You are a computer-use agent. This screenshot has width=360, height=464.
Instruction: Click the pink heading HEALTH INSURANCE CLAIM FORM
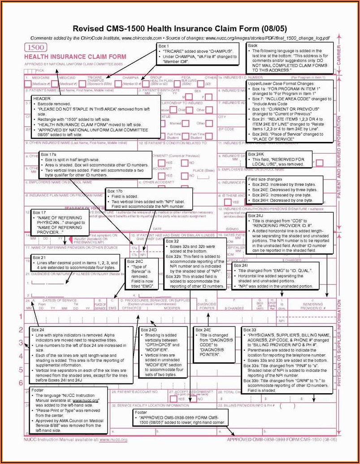click(75, 57)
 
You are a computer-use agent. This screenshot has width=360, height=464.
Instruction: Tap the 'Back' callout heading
click(252, 46)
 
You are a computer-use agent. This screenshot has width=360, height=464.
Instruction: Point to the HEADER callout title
click(42, 98)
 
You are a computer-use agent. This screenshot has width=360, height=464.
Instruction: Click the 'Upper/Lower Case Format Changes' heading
click(275, 84)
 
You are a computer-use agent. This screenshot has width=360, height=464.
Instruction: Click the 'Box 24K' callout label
click(256, 154)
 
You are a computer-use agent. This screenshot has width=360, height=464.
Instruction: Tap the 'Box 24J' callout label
click(256, 215)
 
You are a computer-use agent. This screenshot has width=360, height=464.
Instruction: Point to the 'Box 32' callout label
click(172, 241)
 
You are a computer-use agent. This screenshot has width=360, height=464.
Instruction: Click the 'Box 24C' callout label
click(135, 261)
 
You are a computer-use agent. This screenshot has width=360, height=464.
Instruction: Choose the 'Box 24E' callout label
click(203, 330)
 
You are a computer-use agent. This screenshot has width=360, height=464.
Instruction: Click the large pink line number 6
click(21, 382)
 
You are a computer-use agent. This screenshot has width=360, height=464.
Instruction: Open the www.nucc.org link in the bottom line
click(113, 439)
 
